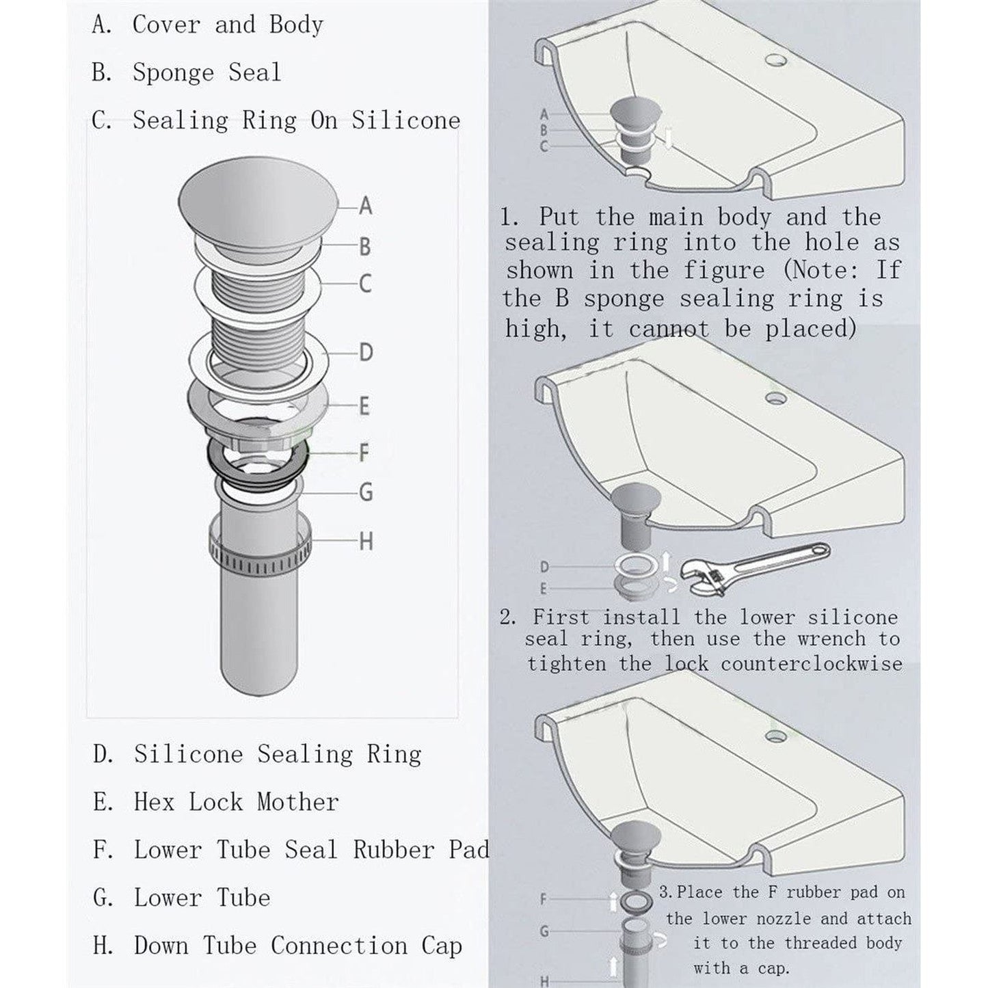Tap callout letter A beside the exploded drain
[366, 205]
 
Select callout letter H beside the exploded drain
[366, 542]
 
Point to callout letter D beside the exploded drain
[366, 353]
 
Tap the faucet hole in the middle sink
[775, 397]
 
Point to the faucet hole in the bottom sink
[775, 736]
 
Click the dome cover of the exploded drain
[258, 200]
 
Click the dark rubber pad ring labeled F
[257, 466]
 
